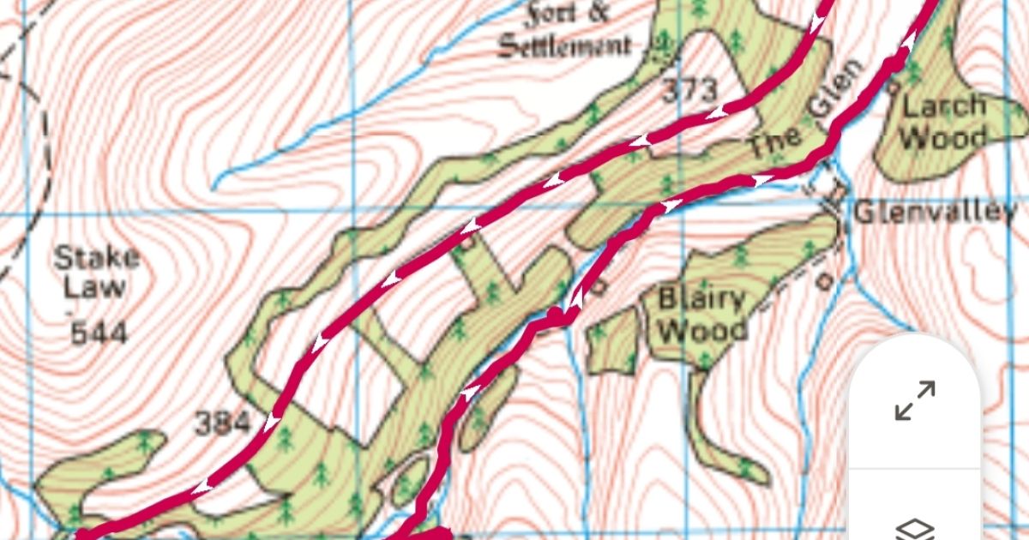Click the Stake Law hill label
tap(95, 272)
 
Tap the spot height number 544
tap(98, 333)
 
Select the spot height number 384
tap(222, 422)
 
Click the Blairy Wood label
tap(701, 315)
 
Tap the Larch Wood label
tap(944, 121)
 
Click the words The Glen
tap(798, 120)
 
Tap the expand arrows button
tap(914, 401)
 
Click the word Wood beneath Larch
tap(944, 135)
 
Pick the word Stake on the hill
tap(96, 257)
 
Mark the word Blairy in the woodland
tap(701, 300)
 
